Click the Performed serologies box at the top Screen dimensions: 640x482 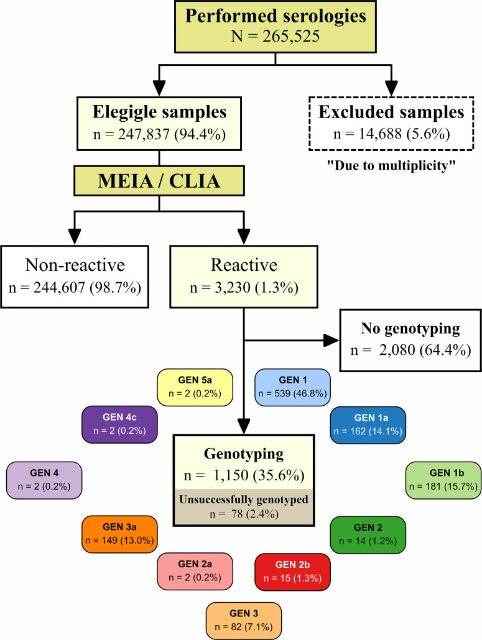(x=276, y=27)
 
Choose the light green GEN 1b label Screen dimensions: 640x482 (x=443, y=480)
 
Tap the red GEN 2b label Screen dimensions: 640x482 (x=292, y=572)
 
